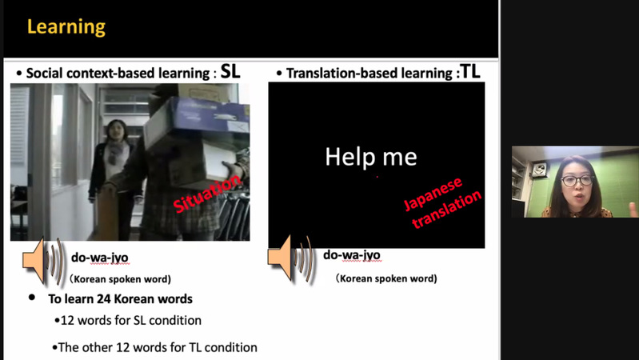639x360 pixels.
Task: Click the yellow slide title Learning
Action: click(66, 27)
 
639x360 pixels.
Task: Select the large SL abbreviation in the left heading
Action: click(230, 71)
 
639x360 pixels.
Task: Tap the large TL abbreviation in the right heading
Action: click(470, 71)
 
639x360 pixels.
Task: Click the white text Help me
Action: click(371, 157)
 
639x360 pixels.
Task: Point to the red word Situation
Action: click(207, 194)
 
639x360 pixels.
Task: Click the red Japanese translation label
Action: click(443, 202)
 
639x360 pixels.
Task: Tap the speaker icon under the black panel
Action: click(290, 258)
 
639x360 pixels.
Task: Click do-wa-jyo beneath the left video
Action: click(100, 258)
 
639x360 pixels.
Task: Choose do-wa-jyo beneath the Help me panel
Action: click(352, 255)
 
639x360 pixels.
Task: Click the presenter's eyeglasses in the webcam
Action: click(577, 180)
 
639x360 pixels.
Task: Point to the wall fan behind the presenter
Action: click(539, 169)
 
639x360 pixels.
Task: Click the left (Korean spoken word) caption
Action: click(120, 279)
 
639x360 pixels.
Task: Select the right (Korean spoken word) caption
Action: click(386, 278)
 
